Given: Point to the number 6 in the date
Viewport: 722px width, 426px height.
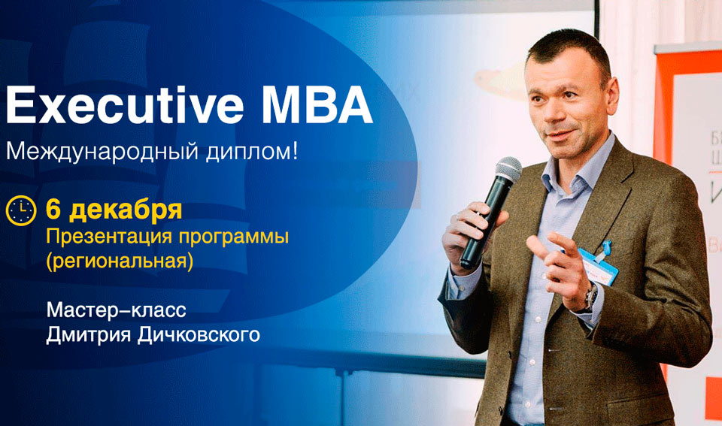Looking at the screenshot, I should pyautogui.click(x=53, y=209).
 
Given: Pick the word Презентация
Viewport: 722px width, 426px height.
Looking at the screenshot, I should pyautogui.click(x=99, y=237).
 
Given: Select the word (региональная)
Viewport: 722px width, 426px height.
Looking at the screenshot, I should pyautogui.click(x=120, y=262).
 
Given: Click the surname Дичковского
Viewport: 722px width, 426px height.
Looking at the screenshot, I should pyautogui.click(x=201, y=334).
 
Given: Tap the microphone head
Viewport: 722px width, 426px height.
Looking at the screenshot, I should pyautogui.click(x=508, y=171).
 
